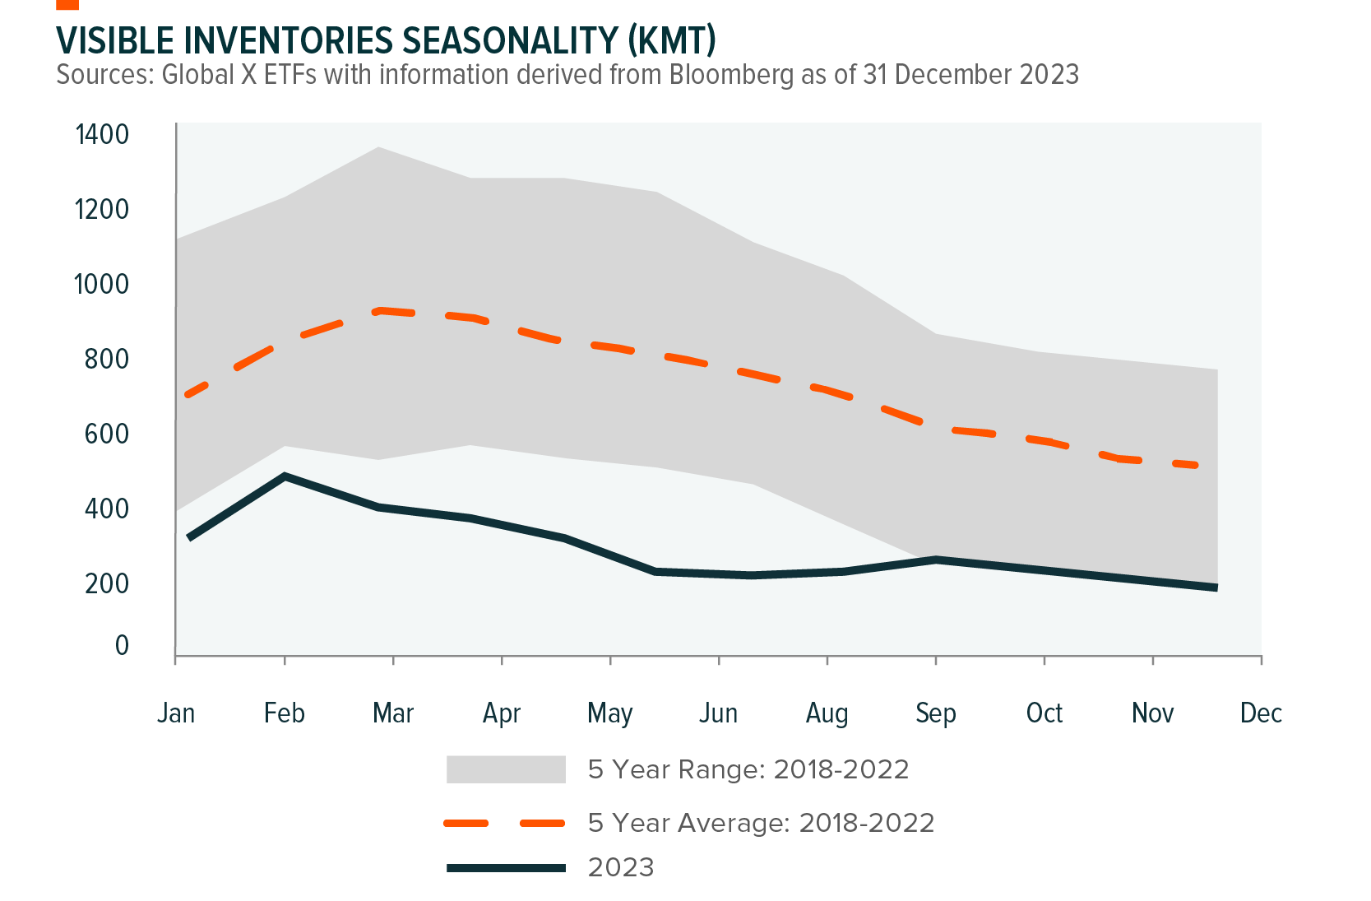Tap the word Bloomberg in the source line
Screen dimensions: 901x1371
[x=730, y=75]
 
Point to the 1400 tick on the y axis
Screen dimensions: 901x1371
[x=102, y=134]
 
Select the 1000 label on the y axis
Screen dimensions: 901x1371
[x=102, y=284]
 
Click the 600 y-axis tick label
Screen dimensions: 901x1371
[x=107, y=434]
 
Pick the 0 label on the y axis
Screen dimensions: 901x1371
[x=122, y=645]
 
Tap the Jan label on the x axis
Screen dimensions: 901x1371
[x=176, y=713]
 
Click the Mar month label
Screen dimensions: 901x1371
[x=393, y=713]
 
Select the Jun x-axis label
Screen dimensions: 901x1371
[x=718, y=713]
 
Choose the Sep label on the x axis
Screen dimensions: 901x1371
[x=936, y=713]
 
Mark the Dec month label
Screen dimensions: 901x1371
[x=1261, y=713]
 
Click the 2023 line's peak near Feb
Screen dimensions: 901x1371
[x=285, y=476]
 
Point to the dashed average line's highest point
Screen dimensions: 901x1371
[x=379, y=311]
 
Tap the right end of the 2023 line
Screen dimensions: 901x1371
[x=1215, y=588]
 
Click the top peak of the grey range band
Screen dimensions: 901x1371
[x=378, y=148]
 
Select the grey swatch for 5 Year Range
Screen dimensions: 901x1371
[x=506, y=769]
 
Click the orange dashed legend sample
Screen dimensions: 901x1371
[x=504, y=823]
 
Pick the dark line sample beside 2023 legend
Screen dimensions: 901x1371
[x=506, y=868]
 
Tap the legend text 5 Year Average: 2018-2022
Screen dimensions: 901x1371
[x=761, y=823]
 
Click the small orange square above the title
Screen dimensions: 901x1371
[x=67, y=4]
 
